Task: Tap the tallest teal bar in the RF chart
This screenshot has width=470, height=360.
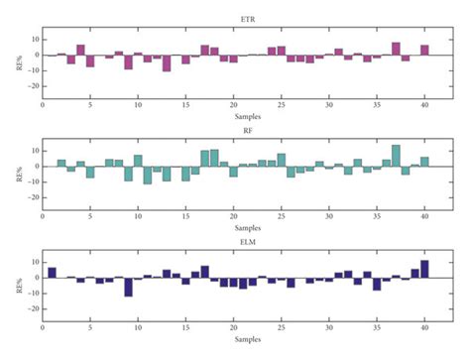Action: pyautogui.click(x=396, y=156)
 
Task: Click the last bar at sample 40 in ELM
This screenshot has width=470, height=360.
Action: pyautogui.click(x=424, y=269)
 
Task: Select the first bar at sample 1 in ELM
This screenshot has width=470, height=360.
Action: pyautogui.click(x=52, y=272)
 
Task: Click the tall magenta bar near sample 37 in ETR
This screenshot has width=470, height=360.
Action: pyautogui.click(x=396, y=49)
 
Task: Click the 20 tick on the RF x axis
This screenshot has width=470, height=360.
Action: pyautogui.click(x=234, y=214)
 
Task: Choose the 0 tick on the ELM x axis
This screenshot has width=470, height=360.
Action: pyautogui.click(x=43, y=326)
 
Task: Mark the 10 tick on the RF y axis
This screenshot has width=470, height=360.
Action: pyautogui.click(x=33, y=151)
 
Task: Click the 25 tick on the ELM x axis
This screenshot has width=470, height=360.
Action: pyautogui.click(x=282, y=326)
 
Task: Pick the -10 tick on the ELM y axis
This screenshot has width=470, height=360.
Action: pyautogui.click(x=31, y=294)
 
